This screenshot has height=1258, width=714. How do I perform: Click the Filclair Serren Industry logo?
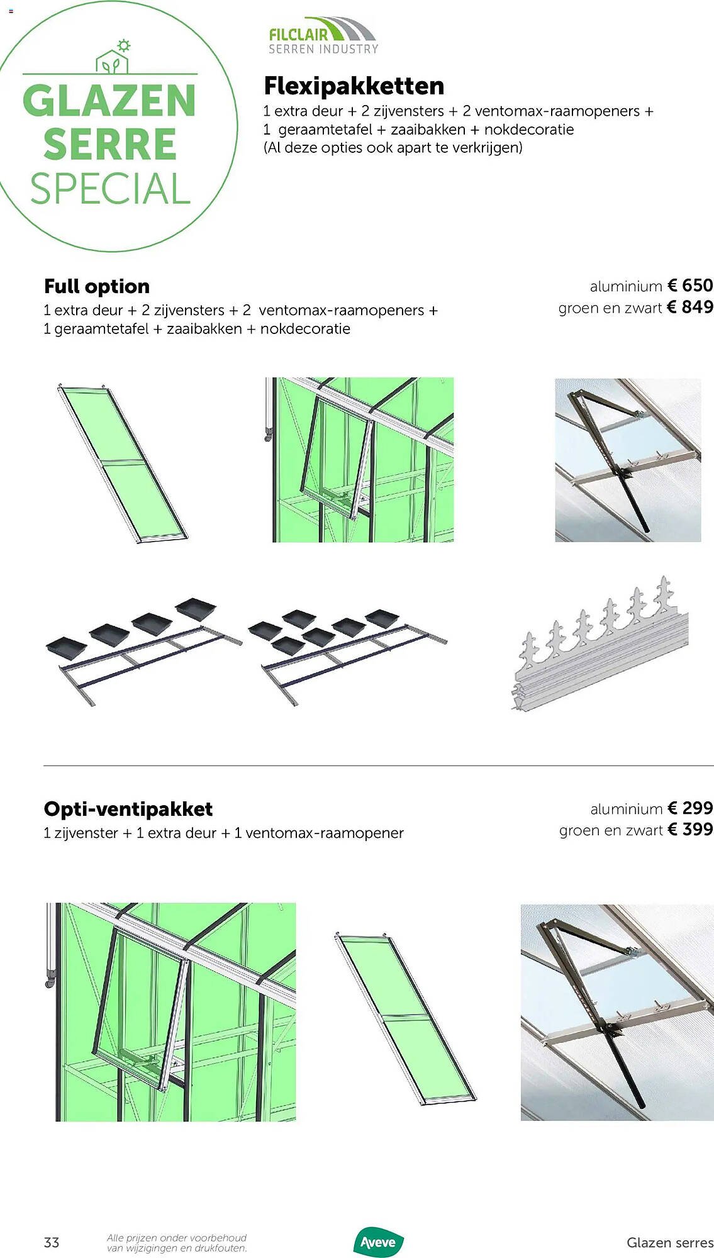click(x=323, y=35)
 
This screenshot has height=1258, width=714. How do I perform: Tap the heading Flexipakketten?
click(x=354, y=86)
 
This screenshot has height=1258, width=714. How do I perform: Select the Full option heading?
click(x=97, y=286)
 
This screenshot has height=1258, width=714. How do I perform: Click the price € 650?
click(x=689, y=286)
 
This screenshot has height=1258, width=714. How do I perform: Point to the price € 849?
click(x=689, y=307)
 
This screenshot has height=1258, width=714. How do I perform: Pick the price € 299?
click(x=689, y=808)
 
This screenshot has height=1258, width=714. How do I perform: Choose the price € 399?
click(x=689, y=829)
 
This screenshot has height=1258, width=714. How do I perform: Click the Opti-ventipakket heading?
click(x=128, y=809)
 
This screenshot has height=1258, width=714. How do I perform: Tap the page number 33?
click(x=52, y=1242)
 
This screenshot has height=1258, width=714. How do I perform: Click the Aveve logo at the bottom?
click(x=378, y=1242)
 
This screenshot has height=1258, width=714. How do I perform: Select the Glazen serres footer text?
click(x=669, y=1242)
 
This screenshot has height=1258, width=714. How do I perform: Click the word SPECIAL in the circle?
click(x=110, y=189)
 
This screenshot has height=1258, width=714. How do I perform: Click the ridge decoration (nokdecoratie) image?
click(x=601, y=645)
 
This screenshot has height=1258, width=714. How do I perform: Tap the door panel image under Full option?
click(x=123, y=462)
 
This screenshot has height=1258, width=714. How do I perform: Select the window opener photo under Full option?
click(x=628, y=460)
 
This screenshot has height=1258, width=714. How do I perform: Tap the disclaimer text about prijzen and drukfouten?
click(x=177, y=1243)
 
